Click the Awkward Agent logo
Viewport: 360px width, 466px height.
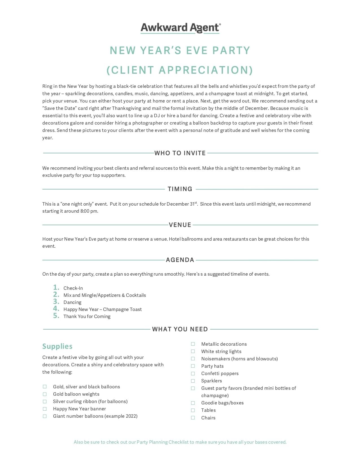(x=180, y=28)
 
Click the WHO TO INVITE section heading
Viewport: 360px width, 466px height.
(x=180, y=153)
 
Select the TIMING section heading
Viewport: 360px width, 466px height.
(x=180, y=189)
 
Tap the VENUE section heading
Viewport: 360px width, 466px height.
(x=180, y=225)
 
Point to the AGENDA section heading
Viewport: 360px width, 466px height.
(x=180, y=260)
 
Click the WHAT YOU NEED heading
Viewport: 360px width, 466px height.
(x=180, y=329)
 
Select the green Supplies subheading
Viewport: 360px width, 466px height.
(x=57, y=346)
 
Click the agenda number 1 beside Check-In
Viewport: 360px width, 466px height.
(x=56, y=288)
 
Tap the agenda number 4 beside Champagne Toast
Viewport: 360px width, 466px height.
(x=56, y=309)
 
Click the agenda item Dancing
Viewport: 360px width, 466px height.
(x=72, y=302)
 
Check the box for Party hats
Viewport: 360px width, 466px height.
(x=193, y=366)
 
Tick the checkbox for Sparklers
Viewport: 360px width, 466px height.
(x=193, y=381)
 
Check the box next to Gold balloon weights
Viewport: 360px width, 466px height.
(x=45, y=394)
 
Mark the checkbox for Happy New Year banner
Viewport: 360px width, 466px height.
(x=45, y=409)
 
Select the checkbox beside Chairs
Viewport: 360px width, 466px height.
(x=193, y=418)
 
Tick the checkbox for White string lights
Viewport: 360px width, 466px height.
(x=193, y=351)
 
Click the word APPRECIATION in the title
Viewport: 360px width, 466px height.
(x=206, y=70)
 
